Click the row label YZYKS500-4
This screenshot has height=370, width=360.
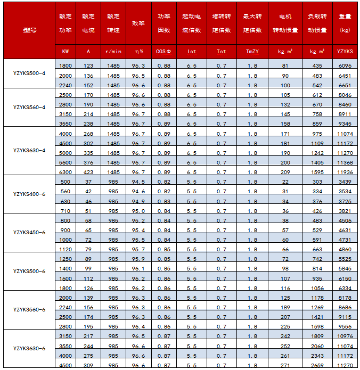coord(29,72)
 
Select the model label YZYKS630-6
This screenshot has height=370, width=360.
coord(29,348)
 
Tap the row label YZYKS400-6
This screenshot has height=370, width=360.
coord(29,194)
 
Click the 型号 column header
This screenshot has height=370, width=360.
coord(30,30)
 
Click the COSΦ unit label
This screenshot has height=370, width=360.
coord(163,51)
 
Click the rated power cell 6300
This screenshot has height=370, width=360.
coord(66,172)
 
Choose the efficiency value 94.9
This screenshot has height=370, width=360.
coord(138,201)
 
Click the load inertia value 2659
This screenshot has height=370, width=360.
coord(317,365)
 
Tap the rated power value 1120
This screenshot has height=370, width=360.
coord(66,249)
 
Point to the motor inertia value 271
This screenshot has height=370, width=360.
coord(285,365)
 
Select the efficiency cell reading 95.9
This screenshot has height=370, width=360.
coord(138,259)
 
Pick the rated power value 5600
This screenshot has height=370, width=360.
coord(66,162)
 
